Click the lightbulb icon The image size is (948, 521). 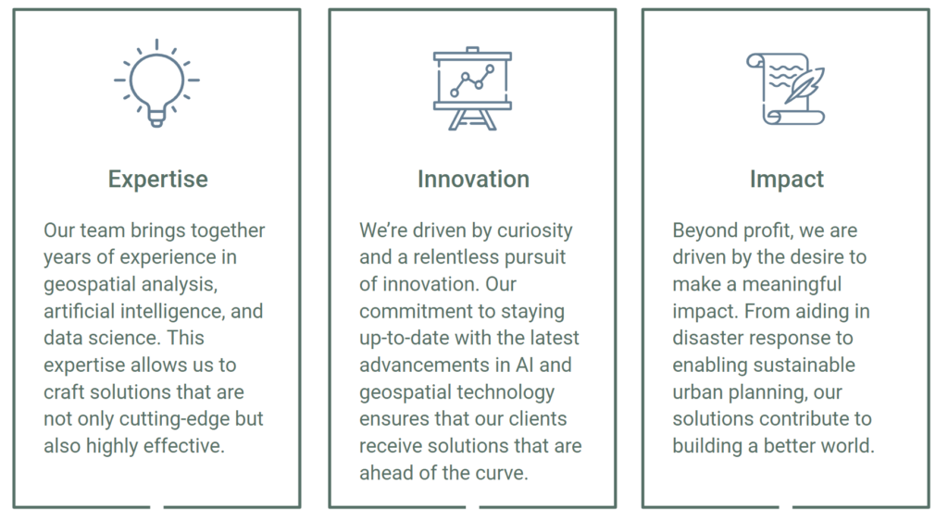pos(156,83)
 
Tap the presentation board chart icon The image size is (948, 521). pos(472,88)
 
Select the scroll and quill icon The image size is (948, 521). pos(785,89)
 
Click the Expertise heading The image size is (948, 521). pos(157,180)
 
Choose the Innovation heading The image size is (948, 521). pos(473,179)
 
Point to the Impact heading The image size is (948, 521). pos(787,180)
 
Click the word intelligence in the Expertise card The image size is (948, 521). pos(172,311)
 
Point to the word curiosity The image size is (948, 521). pos(534,230)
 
